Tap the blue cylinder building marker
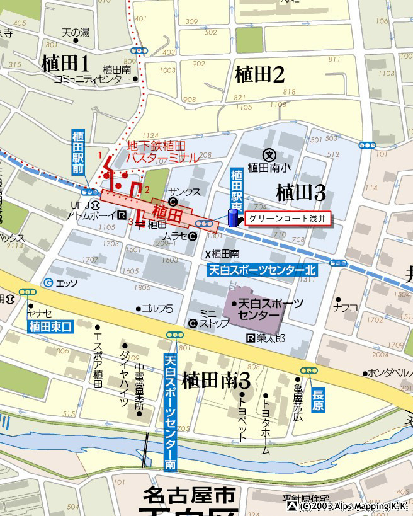click(x=232, y=217)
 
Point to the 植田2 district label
click(x=260, y=74)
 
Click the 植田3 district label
click(x=301, y=191)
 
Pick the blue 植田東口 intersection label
click(x=52, y=326)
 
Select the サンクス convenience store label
click(x=184, y=192)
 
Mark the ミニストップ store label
click(x=208, y=319)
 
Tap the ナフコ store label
click(x=346, y=307)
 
